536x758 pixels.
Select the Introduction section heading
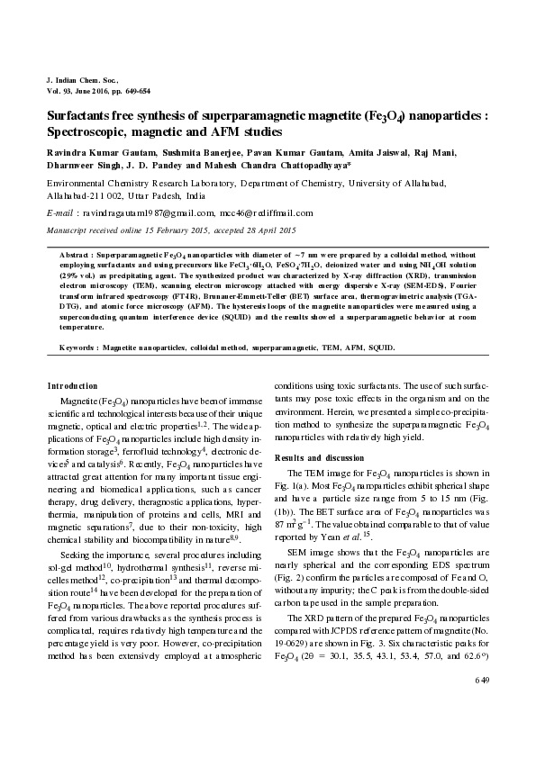(72, 384)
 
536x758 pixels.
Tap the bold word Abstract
(77, 255)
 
